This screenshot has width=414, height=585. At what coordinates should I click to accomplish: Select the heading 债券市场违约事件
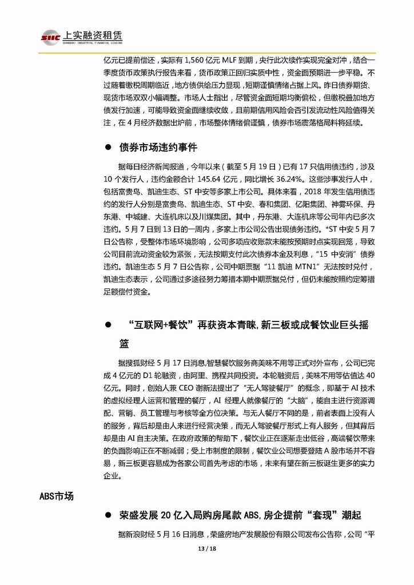click(x=158, y=147)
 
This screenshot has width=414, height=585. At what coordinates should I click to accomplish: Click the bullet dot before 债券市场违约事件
click(x=107, y=148)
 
